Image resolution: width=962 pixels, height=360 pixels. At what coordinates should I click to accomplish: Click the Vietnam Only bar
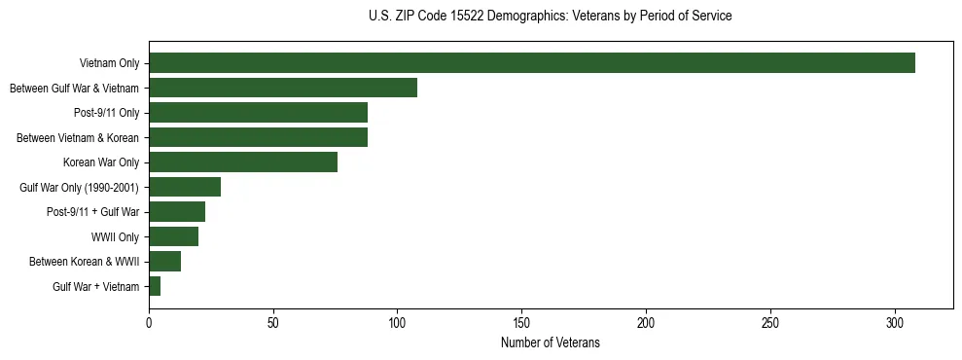click(x=532, y=63)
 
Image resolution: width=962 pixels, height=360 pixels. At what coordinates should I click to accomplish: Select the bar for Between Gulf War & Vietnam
click(x=283, y=88)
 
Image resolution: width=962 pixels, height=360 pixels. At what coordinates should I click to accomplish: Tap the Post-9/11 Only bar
click(x=258, y=113)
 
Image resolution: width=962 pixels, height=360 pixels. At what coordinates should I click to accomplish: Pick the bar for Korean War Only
click(x=243, y=162)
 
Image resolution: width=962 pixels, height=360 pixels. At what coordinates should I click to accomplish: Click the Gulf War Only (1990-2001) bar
click(x=185, y=187)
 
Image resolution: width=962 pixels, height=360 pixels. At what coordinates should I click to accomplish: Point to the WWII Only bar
click(x=173, y=236)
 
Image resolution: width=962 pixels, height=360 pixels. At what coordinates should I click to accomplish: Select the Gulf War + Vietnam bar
click(x=155, y=286)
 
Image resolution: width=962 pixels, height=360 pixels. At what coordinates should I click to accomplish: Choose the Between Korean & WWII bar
click(x=164, y=262)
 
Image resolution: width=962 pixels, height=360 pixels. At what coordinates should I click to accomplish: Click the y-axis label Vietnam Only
click(x=109, y=63)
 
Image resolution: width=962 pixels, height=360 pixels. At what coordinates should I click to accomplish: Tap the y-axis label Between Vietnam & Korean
click(x=78, y=137)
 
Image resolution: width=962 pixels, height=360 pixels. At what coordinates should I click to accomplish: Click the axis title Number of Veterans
click(x=551, y=342)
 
